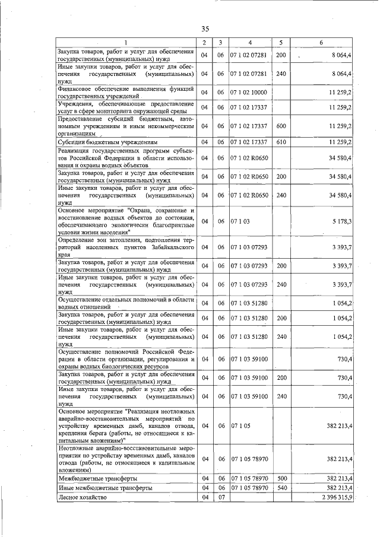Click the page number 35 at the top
pyautogui.click(x=205, y=29)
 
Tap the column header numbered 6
pyautogui.click(x=321, y=42)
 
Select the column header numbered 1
pyautogui.click(x=126, y=42)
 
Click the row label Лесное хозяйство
pyautogui.click(x=83, y=497)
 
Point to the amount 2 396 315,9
pyautogui.click(x=335, y=497)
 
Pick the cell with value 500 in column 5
pyautogui.click(x=281, y=478)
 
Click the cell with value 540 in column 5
pyautogui.click(x=281, y=487)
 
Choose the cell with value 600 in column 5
pyautogui.click(x=281, y=126)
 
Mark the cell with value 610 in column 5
pyautogui.click(x=281, y=142)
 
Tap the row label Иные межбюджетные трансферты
pyautogui.click(x=99, y=487)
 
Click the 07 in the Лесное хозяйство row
pyautogui.click(x=220, y=497)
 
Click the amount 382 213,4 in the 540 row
pyautogui.click(x=336, y=487)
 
